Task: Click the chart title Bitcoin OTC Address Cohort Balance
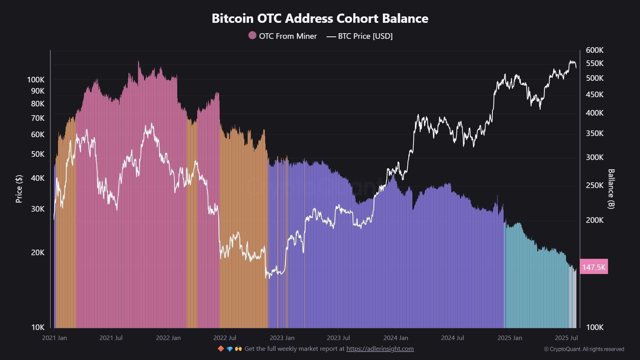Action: pos(320,18)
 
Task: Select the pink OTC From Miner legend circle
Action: pos(252,36)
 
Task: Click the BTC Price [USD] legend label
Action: pos(365,36)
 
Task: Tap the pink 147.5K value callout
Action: pos(594,267)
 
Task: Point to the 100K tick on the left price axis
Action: pos(36,80)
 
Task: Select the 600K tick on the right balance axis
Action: pos(594,50)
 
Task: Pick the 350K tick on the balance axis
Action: pos(594,134)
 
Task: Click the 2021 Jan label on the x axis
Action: pos(54,338)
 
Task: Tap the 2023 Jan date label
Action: pos(282,338)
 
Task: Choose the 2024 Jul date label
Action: pos(452,338)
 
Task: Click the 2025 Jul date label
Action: pos(566,338)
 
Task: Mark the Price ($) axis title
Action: pos(19,189)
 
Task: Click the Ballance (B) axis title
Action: pos(611,189)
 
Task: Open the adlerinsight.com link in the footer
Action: pos(380,349)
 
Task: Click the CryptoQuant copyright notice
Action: pos(584,349)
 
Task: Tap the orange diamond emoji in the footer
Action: pos(221,349)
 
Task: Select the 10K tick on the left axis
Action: pos(38,327)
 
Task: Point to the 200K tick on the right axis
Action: pos(594,220)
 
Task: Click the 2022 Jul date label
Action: pos(225,338)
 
